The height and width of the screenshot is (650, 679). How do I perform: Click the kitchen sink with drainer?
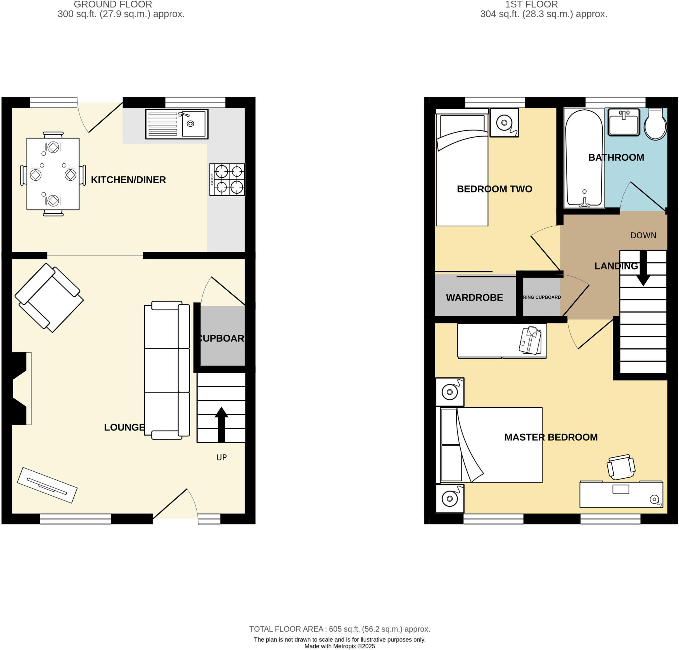tap(177, 124)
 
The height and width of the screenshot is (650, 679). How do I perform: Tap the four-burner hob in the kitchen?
tap(227, 179)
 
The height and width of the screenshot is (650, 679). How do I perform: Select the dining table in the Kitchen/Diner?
tap(53, 174)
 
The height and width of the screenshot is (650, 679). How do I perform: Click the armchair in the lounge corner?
tap(49, 298)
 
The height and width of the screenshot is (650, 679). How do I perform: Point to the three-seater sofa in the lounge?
tap(167, 370)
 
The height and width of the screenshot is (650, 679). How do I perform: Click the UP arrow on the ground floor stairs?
tap(221, 424)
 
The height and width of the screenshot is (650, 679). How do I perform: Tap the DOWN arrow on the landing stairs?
tap(643, 268)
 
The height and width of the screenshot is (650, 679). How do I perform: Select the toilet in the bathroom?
tap(655, 124)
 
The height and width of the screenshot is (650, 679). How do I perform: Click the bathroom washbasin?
tap(624, 122)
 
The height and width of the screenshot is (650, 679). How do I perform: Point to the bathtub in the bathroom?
tap(584, 158)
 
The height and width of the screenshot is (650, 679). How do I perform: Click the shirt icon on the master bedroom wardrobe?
tap(530, 340)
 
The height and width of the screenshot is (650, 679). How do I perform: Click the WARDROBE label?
tap(474, 297)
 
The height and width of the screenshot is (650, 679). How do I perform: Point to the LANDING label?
tap(616, 266)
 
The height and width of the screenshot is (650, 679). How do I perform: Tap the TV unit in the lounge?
tap(47, 485)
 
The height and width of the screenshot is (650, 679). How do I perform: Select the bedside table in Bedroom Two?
tap(504, 123)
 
